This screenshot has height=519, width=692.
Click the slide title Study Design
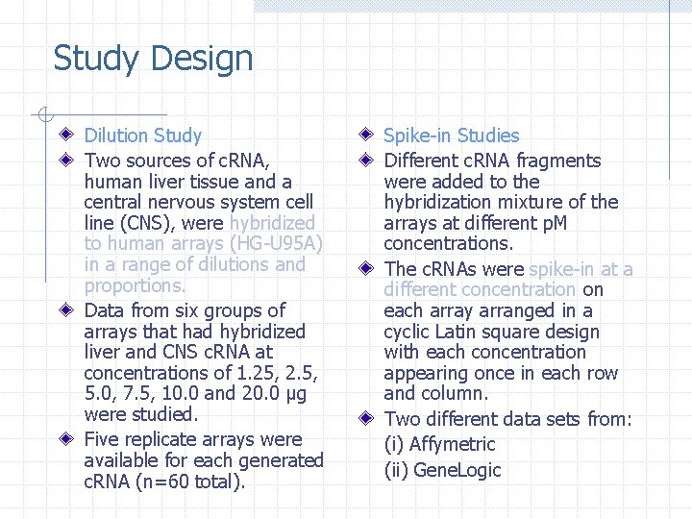pyautogui.click(x=153, y=59)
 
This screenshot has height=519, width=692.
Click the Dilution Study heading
pyautogui.click(x=143, y=136)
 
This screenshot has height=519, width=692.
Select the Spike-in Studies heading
pyautogui.click(x=451, y=136)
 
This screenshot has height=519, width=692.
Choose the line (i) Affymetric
pyautogui.click(x=439, y=444)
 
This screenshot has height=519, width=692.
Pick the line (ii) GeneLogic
pyautogui.click(x=442, y=470)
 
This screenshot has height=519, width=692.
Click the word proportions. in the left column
pyautogui.click(x=136, y=285)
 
